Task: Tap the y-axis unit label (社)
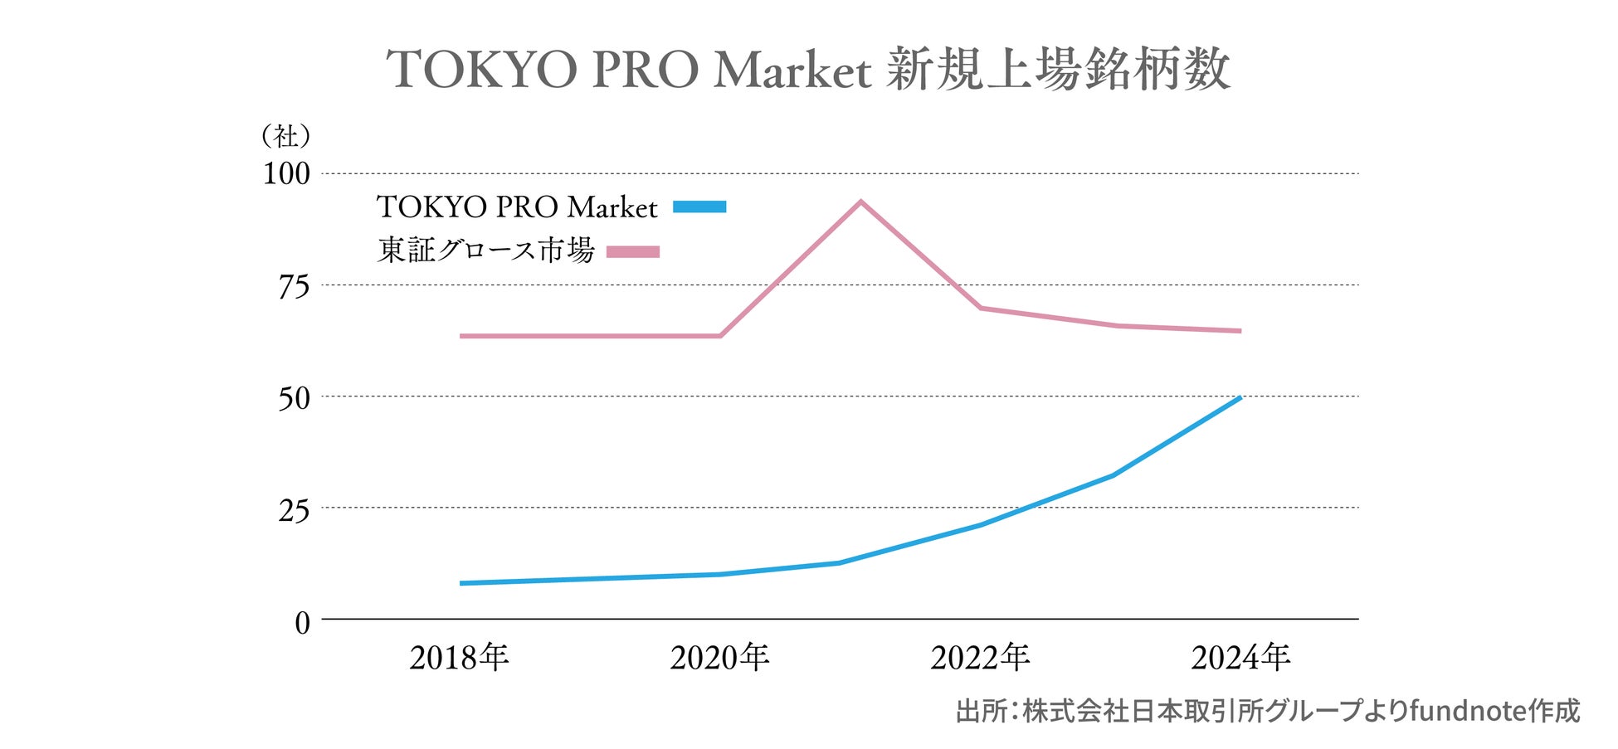(285, 135)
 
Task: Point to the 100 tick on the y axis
(286, 174)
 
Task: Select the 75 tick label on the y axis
(294, 287)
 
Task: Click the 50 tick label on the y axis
(294, 398)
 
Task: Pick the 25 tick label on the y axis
(294, 510)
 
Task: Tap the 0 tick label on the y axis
(302, 622)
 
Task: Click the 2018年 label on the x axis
(459, 658)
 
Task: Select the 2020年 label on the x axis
(719, 658)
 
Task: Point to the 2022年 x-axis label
(980, 658)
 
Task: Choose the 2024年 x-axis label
(1240, 658)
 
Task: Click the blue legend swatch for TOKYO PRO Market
(699, 207)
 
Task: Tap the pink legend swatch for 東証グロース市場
(633, 251)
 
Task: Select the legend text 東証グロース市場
(485, 250)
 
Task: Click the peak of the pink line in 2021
(861, 202)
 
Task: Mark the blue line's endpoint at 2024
(1240, 397)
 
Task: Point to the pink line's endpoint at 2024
(1240, 331)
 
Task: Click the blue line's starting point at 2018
(461, 583)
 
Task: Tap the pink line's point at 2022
(981, 308)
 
